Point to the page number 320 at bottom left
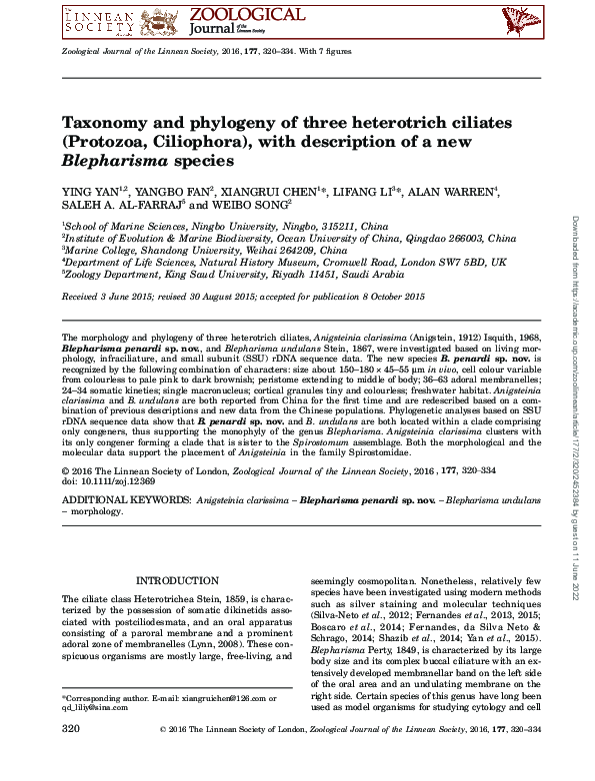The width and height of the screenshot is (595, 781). (x=71, y=759)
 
